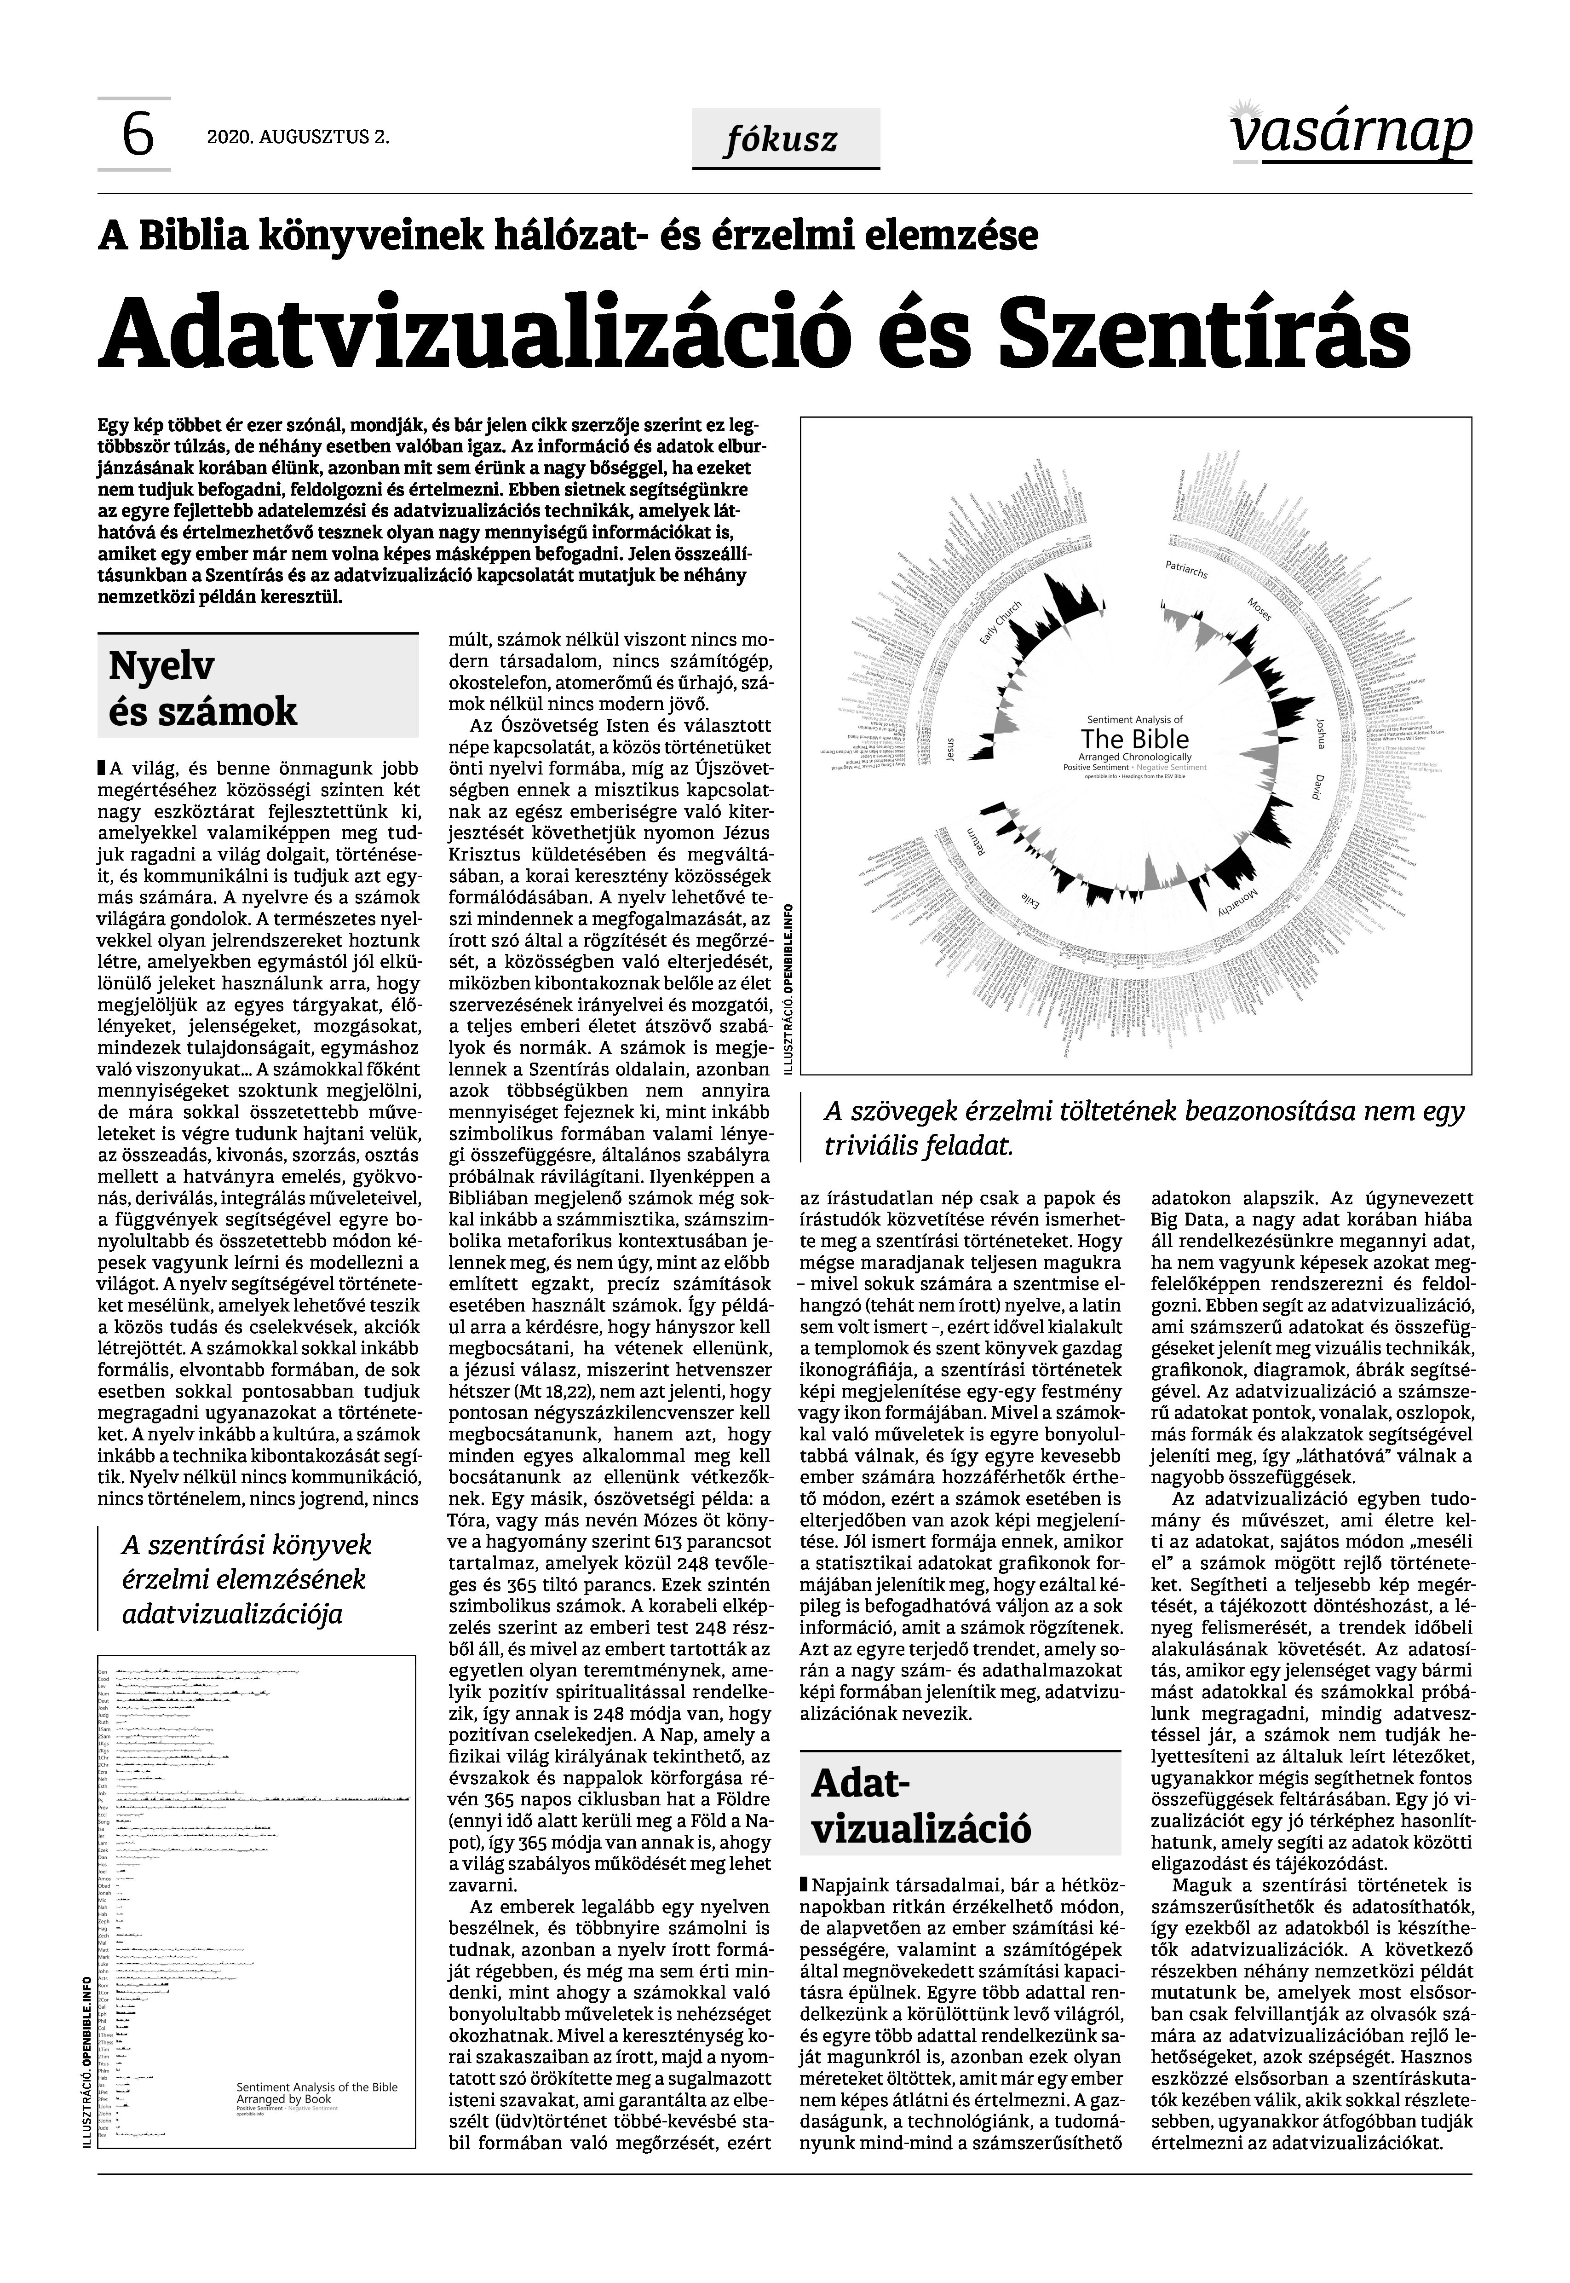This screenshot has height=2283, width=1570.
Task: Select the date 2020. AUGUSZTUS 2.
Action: click(x=298, y=138)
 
